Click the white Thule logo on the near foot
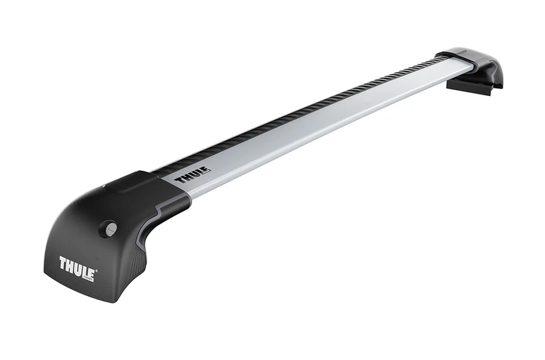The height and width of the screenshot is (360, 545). coord(77,263)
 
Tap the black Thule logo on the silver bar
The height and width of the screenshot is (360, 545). coord(192,176)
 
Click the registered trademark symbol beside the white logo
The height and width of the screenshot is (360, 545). coord(97,271)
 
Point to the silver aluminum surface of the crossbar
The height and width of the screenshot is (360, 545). coord(327,122)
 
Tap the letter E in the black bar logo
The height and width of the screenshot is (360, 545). coord(204,171)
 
